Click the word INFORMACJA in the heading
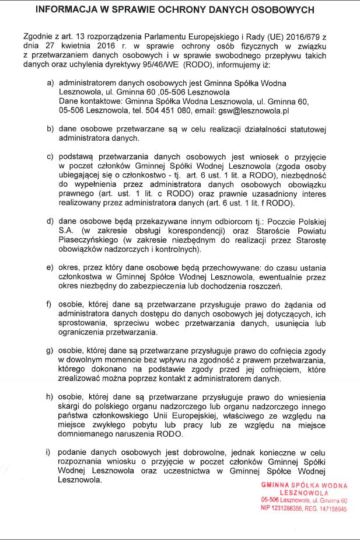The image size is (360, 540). click(66, 10)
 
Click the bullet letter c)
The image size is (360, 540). click(50, 157)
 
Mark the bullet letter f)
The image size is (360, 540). click(50, 305)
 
